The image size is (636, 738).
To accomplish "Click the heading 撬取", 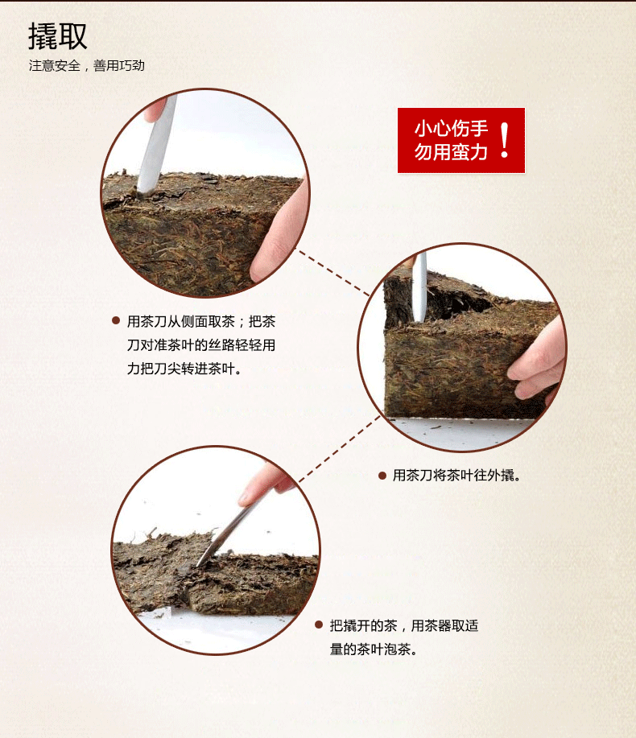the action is [57, 36].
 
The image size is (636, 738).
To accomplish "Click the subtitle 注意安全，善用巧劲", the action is [87, 65].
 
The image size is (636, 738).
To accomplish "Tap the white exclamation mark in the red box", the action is [505, 140].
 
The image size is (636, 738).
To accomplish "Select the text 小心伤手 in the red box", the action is [451, 128].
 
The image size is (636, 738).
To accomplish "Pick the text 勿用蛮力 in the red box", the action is [451, 151].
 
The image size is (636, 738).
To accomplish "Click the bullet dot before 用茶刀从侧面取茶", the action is [116, 321].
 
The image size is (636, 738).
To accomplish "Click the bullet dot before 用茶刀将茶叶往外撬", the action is [382, 476].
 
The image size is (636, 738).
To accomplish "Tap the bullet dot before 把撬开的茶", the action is [319, 625].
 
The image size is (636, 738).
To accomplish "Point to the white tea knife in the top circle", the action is [157, 143].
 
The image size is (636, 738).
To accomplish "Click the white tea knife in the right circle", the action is [419, 287].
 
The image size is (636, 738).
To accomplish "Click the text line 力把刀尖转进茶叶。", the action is [184, 369].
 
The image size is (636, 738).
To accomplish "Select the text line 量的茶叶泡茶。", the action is [374, 649].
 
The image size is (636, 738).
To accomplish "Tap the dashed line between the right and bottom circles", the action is [340, 450].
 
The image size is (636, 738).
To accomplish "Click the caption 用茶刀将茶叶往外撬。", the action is [456, 476].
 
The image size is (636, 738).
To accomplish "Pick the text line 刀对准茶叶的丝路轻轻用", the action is [201, 345].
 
